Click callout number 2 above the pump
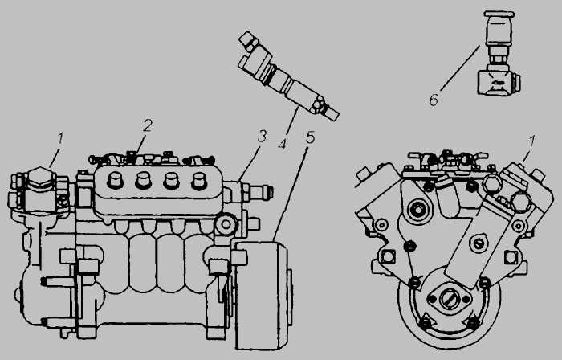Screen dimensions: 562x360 click(148, 125)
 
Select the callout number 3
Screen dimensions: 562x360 click(263, 137)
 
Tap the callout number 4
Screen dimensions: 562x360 click(283, 145)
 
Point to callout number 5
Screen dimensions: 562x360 click(310, 137)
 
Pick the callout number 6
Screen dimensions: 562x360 click(434, 100)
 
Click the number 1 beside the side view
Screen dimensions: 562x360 click(60, 139)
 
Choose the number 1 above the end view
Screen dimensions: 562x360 click(532, 141)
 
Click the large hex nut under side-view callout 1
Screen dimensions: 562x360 click(40, 178)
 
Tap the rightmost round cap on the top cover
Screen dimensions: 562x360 click(198, 181)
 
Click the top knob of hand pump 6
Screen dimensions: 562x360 click(499, 14)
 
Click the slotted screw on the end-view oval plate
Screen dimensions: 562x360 click(479, 243)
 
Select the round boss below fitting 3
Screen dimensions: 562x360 click(226, 224)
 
